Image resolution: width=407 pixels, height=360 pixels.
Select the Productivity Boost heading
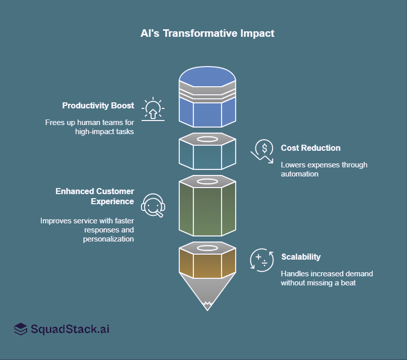coord(98,106)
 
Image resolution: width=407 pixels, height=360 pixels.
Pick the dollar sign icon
coord(262,150)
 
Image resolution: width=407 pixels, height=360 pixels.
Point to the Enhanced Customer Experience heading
coord(95,196)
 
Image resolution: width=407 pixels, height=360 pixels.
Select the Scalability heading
coord(300,257)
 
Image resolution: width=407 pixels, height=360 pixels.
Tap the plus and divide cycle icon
coord(262,261)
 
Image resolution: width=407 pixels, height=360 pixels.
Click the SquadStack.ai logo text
coord(70,330)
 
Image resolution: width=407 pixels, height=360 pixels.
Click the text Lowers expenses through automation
coord(324,169)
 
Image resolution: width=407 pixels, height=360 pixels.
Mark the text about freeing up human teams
coord(90,127)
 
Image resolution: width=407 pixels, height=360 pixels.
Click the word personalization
coord(108,239)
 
